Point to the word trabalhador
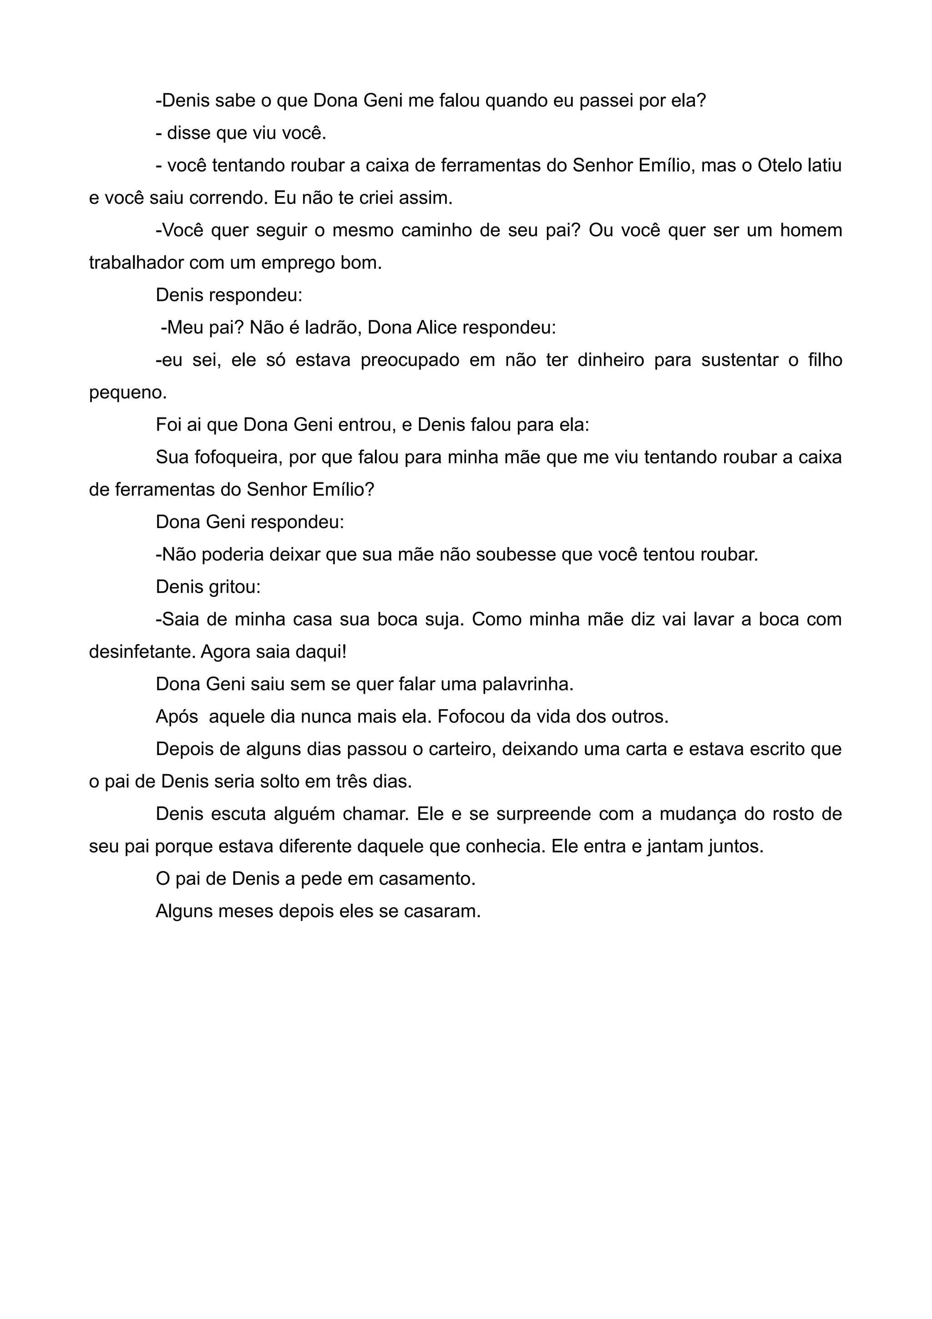[136, 263]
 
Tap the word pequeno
[127, 394]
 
